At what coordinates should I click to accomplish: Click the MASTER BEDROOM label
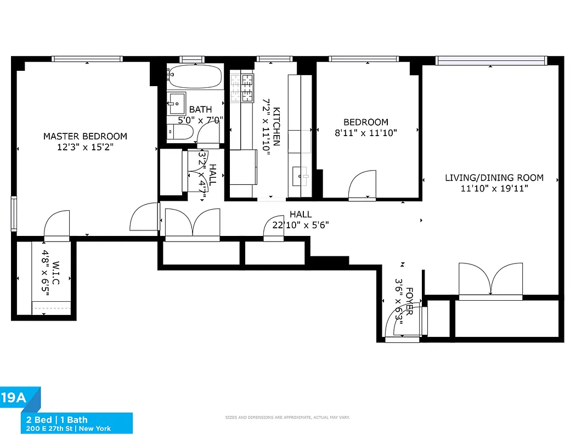pos(85,136)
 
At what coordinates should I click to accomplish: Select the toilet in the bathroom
pos(180,132)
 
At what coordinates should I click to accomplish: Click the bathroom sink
pos(177,102)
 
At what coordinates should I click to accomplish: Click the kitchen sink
pos(300,176)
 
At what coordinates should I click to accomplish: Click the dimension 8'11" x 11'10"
pos(365,132)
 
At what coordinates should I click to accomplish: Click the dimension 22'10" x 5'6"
pos(301,224)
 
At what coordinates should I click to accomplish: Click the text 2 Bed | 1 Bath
pos(57,420)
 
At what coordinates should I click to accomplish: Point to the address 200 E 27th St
pos(49,428)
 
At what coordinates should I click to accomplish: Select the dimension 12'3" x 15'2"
pos(85,147)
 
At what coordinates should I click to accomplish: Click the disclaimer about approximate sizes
pos(288,418)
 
